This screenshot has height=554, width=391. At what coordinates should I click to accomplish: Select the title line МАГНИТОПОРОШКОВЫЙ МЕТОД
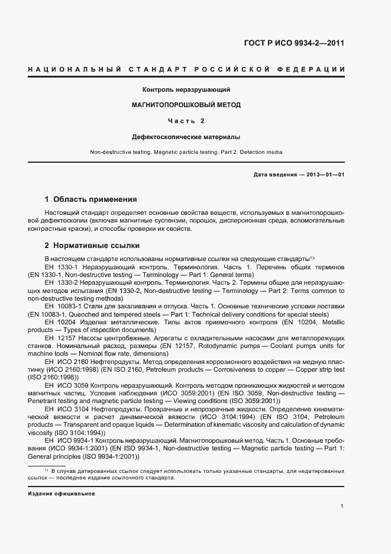(186, 105)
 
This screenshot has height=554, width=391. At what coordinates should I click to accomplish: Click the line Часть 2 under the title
(186, 121)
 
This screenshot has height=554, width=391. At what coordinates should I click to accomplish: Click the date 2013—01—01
(324, 175)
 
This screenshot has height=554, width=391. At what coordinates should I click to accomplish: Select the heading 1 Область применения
(91, 199)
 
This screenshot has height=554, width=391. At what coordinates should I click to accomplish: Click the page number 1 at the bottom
(342, 506)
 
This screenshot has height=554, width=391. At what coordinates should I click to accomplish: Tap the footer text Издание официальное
(61, 494)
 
